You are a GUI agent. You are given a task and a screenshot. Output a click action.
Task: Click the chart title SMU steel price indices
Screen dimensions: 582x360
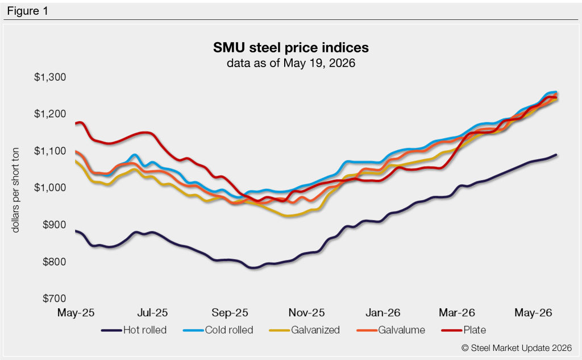(x=290, y=48)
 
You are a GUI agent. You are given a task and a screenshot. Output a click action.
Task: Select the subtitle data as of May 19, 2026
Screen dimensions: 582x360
(x=290, y=63)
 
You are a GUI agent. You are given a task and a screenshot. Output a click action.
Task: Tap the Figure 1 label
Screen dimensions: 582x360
(x=27, y=11)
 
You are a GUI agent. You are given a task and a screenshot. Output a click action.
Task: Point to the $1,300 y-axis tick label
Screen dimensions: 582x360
(x=50, y=77)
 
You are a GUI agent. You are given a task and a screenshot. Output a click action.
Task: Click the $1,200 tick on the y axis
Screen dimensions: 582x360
(x=50, y=114)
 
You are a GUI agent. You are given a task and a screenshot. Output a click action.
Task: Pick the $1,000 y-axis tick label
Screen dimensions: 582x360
(x=50, y=187)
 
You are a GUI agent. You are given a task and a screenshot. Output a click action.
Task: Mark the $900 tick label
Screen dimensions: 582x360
(x=54, y=225)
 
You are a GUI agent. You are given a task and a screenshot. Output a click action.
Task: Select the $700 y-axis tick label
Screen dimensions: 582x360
(x=54, y=298)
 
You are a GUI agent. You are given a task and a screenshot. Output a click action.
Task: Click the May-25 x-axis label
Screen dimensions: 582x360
(x=76, y=313)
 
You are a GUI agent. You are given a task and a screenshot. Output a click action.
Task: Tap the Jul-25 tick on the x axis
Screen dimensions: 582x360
(x=152, y=313)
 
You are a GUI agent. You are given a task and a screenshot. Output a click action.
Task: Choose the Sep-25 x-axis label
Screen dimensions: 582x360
(x=230, y=313)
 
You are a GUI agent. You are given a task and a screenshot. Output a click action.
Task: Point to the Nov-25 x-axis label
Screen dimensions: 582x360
(x=306, y=313)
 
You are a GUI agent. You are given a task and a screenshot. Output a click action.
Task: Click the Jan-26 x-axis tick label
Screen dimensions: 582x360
(x=383, y=313)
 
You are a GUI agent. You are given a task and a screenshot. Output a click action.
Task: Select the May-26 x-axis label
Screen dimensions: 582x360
(x=533, y=313)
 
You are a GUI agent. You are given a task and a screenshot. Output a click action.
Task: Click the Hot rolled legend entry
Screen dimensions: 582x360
(x=134, y=330)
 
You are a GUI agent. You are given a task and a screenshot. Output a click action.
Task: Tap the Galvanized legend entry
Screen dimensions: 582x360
(x=305, y=330)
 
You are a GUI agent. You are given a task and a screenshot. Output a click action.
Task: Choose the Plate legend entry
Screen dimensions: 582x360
(x=464, y=330)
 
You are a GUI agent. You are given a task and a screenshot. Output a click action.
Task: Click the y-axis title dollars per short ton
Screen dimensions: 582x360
(x=15, y=190)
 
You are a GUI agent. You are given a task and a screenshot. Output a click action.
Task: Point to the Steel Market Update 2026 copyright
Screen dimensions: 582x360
(x=516, y=347)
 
